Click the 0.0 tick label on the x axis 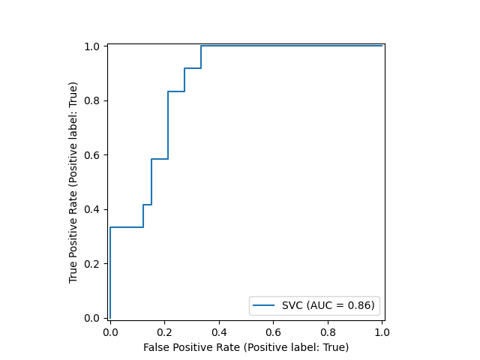click(110, 331)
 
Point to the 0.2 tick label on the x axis click(165, 331)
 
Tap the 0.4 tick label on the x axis click(219, 331)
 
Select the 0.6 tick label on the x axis click(274, 331)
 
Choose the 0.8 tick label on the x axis click(328, 331)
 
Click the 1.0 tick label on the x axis click(382, 331)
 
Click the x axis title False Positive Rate click(246, 347)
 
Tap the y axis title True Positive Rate click(73, 181)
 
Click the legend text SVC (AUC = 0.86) click(328, 305)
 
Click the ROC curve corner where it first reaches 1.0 click(201, 46)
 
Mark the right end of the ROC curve click(382, 46)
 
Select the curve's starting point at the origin click(110, 318)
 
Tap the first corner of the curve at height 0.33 click(110, 227)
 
